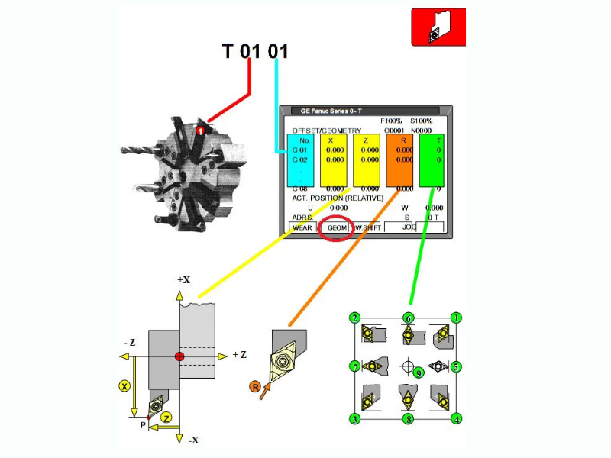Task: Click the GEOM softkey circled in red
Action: point(337,227)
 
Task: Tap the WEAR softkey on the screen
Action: point(302,227)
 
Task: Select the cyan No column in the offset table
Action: point(304,161)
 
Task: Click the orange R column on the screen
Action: point(399,161)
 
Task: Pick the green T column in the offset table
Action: point(432,161)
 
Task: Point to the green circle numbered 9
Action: point(418,373)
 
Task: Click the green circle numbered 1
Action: point(457,318)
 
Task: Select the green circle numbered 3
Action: point(355,418)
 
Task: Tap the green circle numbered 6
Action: point(409,318)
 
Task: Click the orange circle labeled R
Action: point(255,387)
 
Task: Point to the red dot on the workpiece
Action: point(179,356)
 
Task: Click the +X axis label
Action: point(183,280)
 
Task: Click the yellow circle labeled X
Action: point(125,385)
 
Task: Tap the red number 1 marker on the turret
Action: point(199,131)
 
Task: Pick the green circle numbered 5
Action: point(456,366)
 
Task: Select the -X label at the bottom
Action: point(194,441)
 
